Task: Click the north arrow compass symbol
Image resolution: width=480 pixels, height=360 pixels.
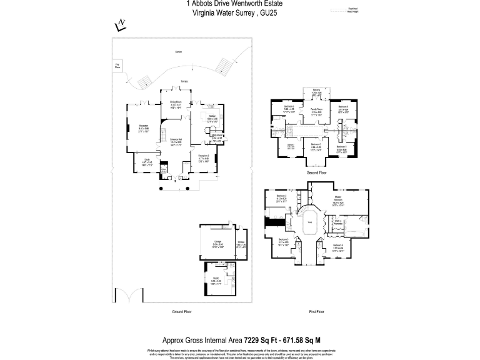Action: pyautogui.click(x=121, y=24)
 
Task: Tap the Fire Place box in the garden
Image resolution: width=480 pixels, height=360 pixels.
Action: pyautogui.click(x=116, y=65)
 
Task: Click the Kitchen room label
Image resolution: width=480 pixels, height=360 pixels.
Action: pyautogui.click(x=212, y=117)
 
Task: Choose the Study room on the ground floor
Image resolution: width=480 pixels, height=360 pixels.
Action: pyautogui.click(x=147, y=161)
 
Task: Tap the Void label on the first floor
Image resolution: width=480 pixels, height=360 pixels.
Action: pyautogui.click(x=309, y=221)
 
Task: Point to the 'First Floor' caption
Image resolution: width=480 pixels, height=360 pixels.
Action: pyautogui.click(x=316, y=311)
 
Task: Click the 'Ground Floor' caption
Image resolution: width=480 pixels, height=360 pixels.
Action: pyautogui.click(x=181, y=311)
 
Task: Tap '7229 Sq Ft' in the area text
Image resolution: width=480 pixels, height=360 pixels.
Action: pyautogui.click(x=261, y=341)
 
